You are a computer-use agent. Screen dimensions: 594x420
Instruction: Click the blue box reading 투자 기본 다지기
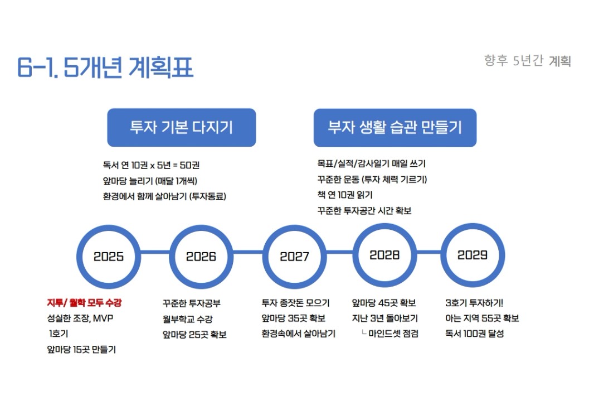182,127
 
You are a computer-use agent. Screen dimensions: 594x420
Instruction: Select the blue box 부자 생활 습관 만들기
395,128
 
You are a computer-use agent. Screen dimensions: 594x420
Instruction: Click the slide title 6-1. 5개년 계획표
105,67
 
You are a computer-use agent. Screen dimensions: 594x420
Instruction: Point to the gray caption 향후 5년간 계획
527,61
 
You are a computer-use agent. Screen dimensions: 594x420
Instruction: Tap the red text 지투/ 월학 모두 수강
84,302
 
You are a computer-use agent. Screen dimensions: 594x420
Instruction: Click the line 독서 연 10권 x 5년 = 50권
151,165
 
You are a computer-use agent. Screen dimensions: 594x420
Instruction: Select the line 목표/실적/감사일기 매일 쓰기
371,164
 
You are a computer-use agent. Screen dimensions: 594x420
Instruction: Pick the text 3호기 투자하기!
474,303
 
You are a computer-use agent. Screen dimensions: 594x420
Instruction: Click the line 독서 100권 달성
475,334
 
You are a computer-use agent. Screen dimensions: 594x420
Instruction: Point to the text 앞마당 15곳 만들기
81,350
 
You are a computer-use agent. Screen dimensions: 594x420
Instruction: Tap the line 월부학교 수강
188,319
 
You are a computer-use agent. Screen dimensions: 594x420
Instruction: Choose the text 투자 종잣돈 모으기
295,303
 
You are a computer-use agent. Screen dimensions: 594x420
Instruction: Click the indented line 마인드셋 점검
393,334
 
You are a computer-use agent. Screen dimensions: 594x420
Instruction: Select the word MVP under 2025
103,318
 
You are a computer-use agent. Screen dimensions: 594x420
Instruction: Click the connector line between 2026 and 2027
248,252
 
